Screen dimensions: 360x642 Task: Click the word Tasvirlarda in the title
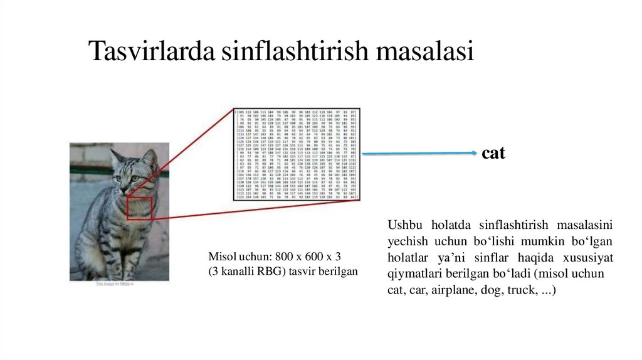pyautogui.click(x=151, y=51)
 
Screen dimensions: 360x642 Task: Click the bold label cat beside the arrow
pyautogui.click(x=493, y=154)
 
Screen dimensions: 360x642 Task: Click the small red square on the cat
pyautogui.click(x=140, y=208)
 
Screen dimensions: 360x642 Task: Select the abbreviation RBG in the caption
pyautogui.click(x=261, y=271)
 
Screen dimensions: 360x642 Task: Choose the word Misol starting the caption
pyautogui.click(x=221, y=257)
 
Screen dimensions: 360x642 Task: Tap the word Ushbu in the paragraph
pyautogui.click(x=401, y=225)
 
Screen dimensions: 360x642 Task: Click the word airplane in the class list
pyautogui.click(x=467, y=290)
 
